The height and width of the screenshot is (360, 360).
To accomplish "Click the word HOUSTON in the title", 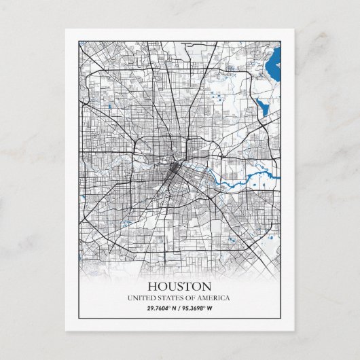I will pyautogui.click(x=179, y=286).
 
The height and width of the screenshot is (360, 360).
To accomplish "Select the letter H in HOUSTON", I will pyautogui.click(x=152, y=286).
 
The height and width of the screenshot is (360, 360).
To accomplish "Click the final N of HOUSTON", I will pyautogui.click(x=206, y=286).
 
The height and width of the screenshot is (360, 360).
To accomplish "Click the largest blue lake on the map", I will pyautogui.click(x=274, y=67).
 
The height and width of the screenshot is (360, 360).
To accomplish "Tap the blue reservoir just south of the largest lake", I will pyautogui.click(x=262, y=105).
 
